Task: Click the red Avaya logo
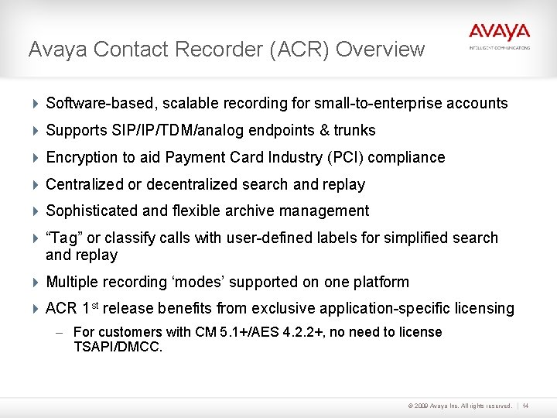tap(499, 32)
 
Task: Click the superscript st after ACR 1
tap(95, 305)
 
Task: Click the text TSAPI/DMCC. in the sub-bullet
tap(118, 347)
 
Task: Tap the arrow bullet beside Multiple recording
tap(36, 283)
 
